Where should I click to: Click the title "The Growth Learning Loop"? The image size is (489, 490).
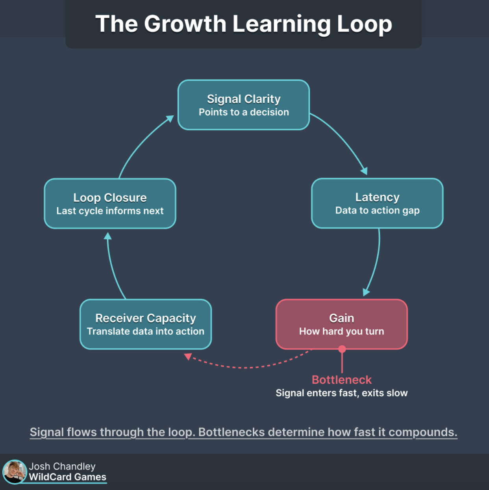tap(244, 24)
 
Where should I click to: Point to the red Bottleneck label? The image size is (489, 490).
tap(341, 380)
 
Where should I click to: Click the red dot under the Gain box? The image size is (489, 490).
tap(342, 349)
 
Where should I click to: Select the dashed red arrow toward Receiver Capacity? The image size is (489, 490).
tap(244, 367)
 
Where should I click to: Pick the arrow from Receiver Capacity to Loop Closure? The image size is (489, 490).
tap(112, 268)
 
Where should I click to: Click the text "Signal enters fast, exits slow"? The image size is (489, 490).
tap(341, 393)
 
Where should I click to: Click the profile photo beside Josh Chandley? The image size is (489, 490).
tap(14, 471)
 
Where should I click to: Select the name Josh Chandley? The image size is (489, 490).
tap(62, 466)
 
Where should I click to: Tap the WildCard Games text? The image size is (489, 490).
tap(67, 477)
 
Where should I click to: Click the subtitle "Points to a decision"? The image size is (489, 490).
tap(244, 112)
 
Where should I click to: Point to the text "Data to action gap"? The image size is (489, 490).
tap(377, 210)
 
